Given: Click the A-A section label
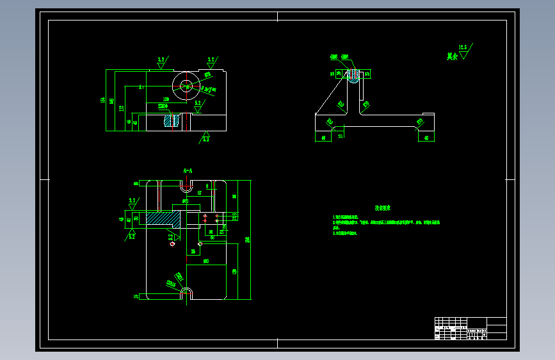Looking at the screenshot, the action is pyautogui.click(x=188, y=171).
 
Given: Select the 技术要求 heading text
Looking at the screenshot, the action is pyautogui.click(x=383, y=208).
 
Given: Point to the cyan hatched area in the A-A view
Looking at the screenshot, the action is pyautogui.click(x=163, y=218).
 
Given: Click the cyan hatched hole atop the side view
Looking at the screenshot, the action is pyautogui.click(x=353, y=76).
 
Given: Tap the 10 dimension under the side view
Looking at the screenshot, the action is pyautogui.click(x=340, y=136).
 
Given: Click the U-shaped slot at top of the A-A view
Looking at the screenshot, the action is pyautogui.click(x=186, y=188).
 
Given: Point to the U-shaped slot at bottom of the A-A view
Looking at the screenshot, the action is pyautogui.click(x=186, y=293).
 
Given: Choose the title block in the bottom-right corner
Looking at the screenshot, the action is pyautogui.click(x=470, y=328).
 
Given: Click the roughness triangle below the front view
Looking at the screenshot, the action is pyautogui.click(x=205, y=137).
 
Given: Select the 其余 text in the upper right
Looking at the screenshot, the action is pyautogui.click(x=452, y=56).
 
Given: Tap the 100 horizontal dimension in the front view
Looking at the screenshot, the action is pyautogui.click(x=165, y=99).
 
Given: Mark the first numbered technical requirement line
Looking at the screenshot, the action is pyautogui.click(x=353, y=218).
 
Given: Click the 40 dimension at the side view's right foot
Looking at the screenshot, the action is pyautogui.click(x=426, y=137).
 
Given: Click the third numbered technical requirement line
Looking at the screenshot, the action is pyautogui.click(x=346, y=234).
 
